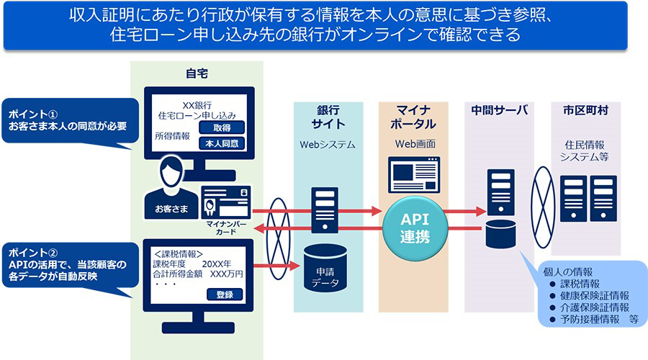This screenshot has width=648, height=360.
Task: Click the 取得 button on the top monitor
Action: (222, 127)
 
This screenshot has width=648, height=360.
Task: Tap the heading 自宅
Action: (196, 73)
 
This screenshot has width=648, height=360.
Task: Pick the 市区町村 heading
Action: (585, 110)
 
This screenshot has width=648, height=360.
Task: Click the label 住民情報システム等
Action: (585, 151)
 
